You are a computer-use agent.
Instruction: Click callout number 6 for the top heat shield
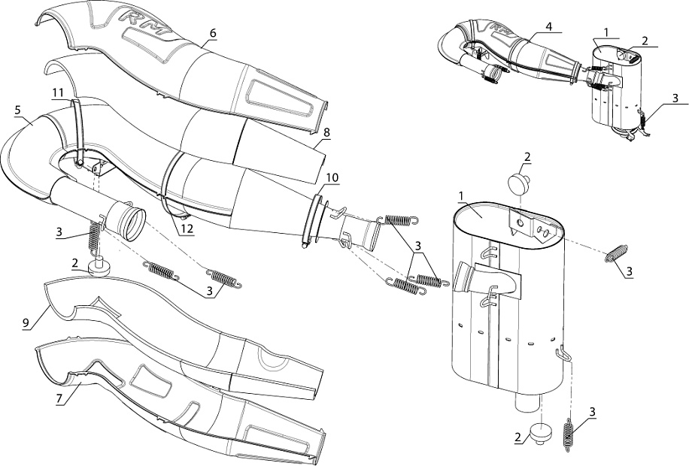click(213, 34)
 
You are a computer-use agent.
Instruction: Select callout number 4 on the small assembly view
click(549, 27)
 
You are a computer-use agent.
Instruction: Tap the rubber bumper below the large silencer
click(542, 434)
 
